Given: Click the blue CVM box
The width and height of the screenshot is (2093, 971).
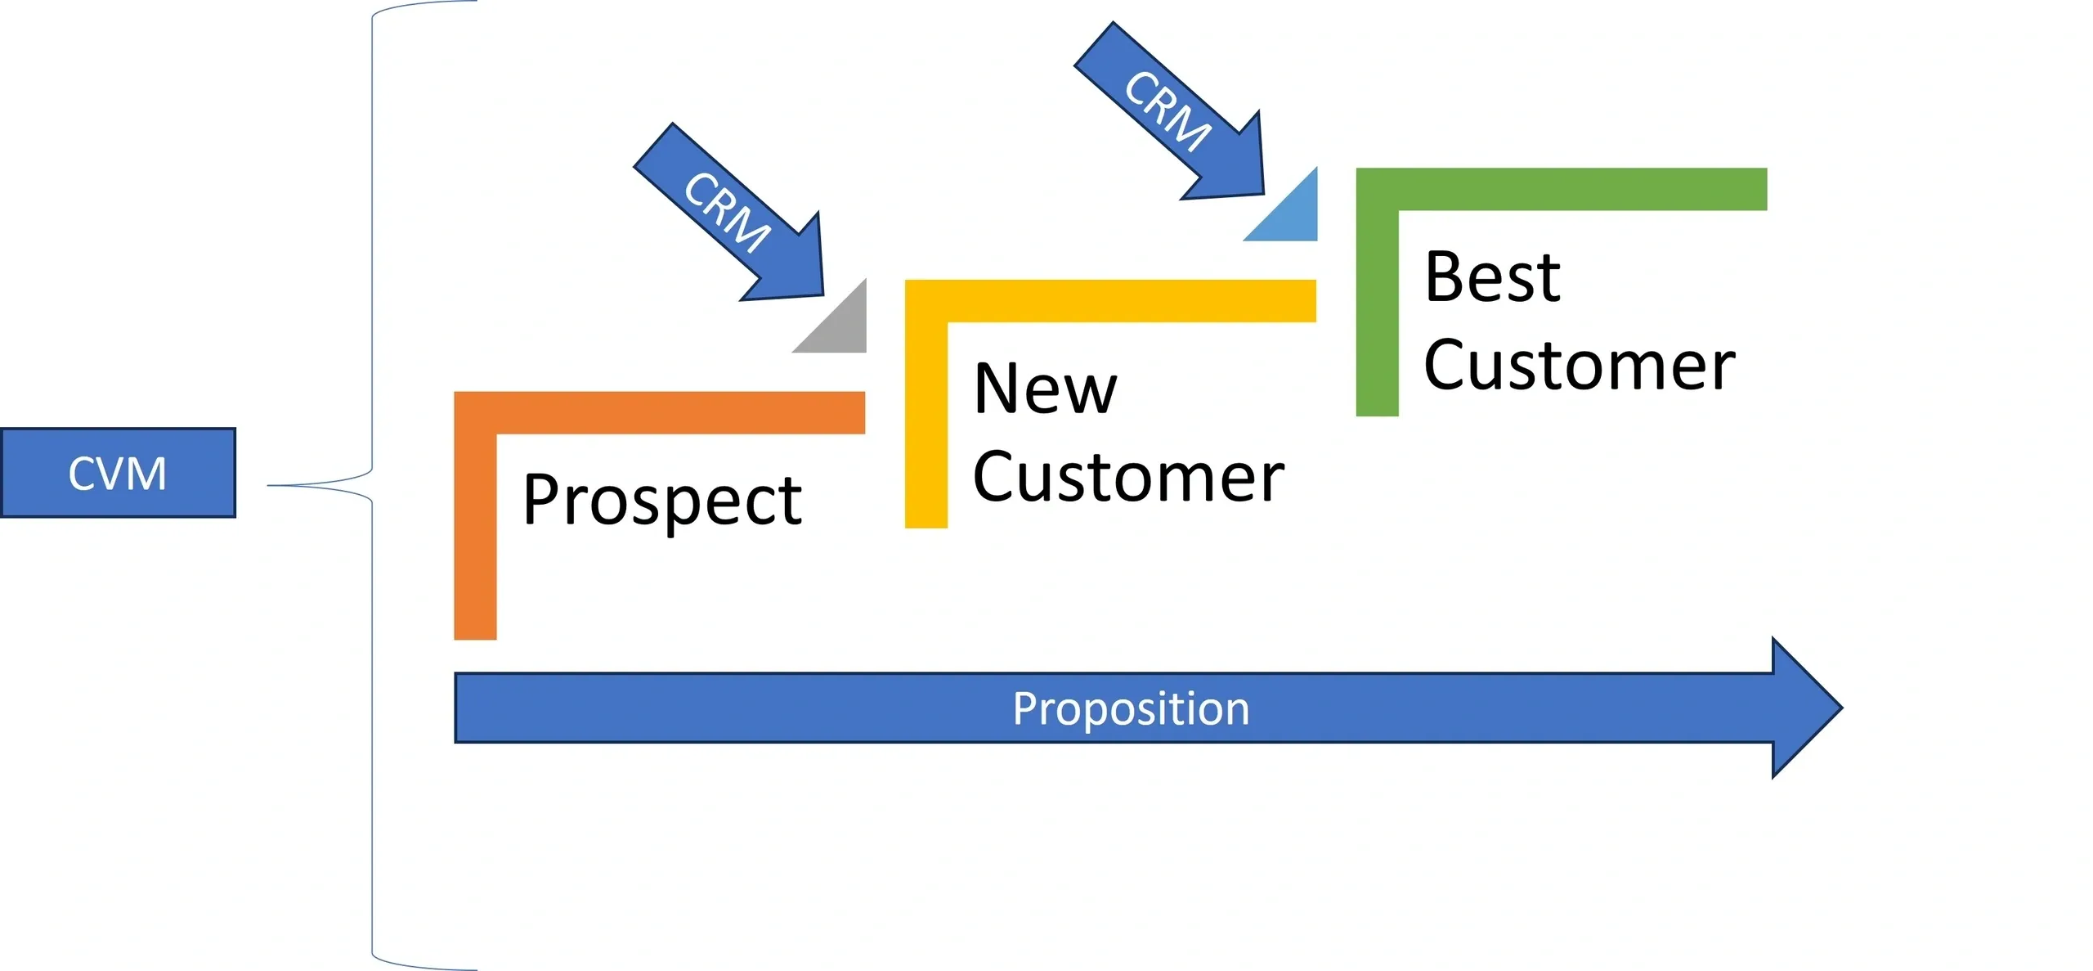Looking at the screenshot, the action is click(118, 473).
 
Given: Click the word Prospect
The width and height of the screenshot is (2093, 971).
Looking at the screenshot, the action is click(662, 500).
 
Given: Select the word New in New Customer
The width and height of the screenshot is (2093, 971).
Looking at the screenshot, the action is click(1045, 389).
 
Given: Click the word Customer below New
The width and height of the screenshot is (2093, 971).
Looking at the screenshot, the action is click(1128, 477).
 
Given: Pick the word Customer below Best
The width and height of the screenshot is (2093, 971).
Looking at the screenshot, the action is click(1579, 365).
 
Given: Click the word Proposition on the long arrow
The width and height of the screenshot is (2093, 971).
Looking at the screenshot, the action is click(1131, 708).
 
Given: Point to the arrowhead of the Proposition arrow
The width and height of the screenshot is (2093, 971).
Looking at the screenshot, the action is click(1842, 708).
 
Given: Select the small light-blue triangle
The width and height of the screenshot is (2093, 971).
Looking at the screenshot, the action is click(1293, 216).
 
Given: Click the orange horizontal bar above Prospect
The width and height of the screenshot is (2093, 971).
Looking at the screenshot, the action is click(660, 412).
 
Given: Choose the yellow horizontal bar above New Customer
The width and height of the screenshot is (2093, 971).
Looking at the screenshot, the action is click(1110, 301).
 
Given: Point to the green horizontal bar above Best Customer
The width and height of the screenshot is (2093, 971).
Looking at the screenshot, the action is click(1562, 189).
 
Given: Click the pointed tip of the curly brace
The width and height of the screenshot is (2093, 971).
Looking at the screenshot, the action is click(268, 486).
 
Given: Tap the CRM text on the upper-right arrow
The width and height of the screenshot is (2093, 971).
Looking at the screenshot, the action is click(1168, 110).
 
